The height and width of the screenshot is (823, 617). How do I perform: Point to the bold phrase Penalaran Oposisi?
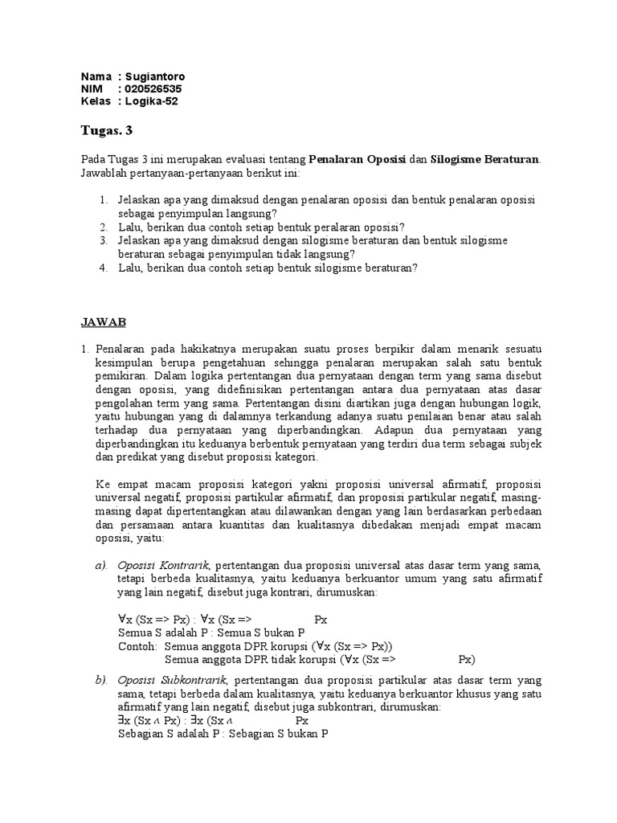(358, 159)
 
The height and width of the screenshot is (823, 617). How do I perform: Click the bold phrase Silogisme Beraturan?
(485, 159)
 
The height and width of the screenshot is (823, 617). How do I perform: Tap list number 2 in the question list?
(104, 227)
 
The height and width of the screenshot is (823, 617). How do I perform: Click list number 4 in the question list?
(104, 268)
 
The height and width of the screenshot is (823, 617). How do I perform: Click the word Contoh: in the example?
(137, 646)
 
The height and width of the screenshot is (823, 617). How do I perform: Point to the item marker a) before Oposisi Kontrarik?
(100, 567)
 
